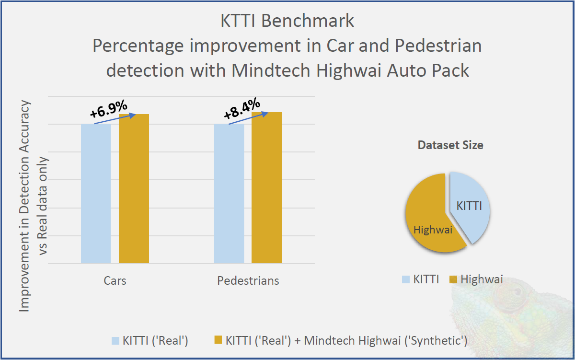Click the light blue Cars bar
point(96,194)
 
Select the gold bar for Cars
point(134,189)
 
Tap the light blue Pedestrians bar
point(229,194)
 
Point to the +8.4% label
point(242,109)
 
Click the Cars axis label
point(115,280)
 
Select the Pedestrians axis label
point(248,280)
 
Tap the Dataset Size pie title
point(450,145)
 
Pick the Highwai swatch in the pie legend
point(454,279)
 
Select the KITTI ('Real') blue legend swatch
point(115,341)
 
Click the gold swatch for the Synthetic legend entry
point(218,341)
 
